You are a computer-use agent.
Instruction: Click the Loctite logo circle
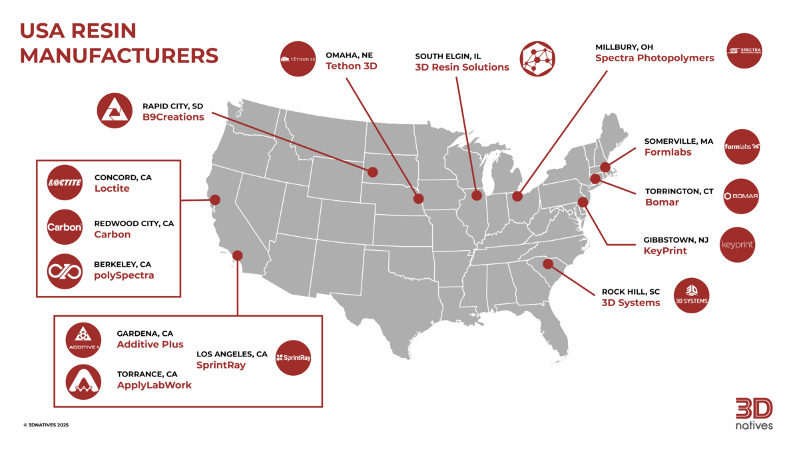(x=65, y=183)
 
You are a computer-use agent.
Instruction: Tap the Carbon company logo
(x=65, y=228)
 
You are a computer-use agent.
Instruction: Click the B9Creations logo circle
(x=115, y=110)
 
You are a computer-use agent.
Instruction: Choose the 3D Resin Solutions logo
(x=537, y=59)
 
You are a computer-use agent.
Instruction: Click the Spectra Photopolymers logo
(x=744, y=51)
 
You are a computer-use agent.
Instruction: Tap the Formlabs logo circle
(x=741, y=147)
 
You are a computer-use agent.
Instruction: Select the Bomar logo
(x=741, y=196)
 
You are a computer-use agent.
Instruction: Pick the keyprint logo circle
(x=738, y=245)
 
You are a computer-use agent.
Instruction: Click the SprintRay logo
(x=293, y=358)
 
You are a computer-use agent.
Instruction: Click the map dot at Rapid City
(x=372, y=172)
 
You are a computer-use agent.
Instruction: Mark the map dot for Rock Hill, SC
(x=547, y=264)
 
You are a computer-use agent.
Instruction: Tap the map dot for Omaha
(x=418, y=198)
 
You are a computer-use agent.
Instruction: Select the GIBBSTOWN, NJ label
(x=677, y=239)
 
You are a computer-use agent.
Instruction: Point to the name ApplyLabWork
(x=154, y=384)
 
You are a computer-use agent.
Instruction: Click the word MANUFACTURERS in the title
(x=119, y=55)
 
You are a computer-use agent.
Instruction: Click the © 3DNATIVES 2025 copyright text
(x=46, y=424)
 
